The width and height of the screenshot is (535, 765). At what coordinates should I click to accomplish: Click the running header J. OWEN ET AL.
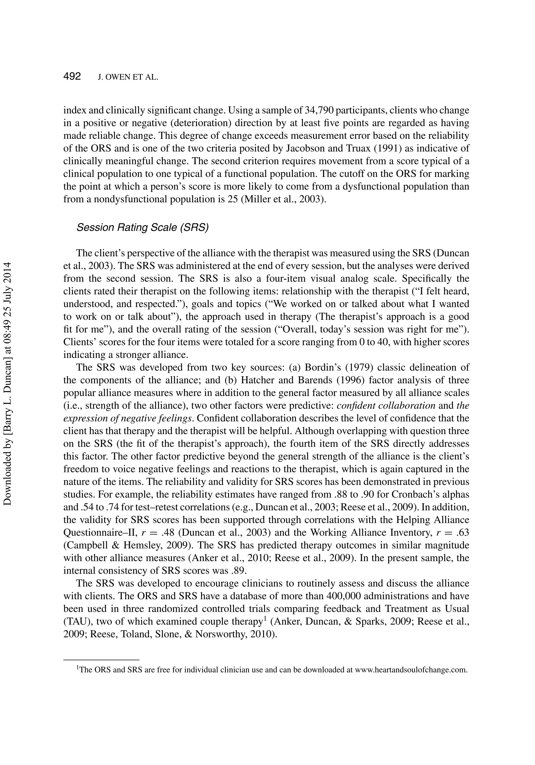pos(127,78)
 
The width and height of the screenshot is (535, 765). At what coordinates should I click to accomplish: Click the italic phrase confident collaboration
pos(386,406)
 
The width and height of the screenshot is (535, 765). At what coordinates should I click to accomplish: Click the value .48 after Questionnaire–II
pos(168,533)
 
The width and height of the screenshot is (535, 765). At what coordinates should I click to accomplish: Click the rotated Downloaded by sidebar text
pos(7,383)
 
